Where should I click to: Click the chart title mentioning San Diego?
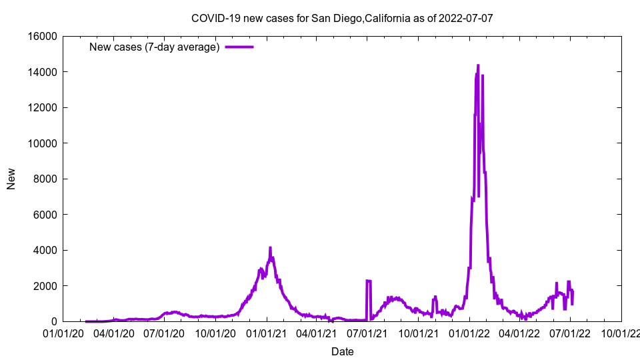[x=341, y=18]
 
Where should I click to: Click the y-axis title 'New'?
[x=11, y=179]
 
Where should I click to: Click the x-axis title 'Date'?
[x=342, y=351]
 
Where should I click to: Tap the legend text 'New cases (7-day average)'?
[x=154, y=47]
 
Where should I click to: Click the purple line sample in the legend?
[x=239, y=47]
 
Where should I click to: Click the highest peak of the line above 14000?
[x=478, y=65]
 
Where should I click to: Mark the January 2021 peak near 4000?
[x=270, y=248]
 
